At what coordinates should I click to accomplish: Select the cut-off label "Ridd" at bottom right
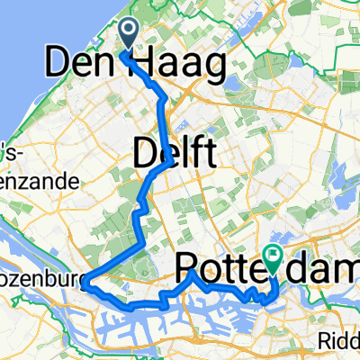coord(342,340)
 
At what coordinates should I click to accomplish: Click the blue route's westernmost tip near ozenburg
coord(86,285)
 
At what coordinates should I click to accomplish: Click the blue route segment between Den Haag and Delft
coord(163,112)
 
